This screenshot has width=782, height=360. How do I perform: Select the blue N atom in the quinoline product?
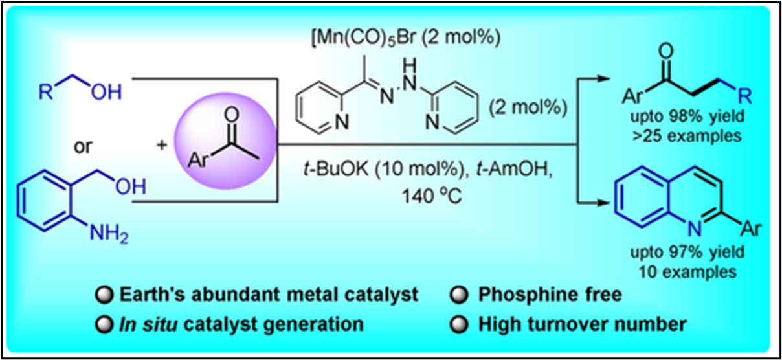pyautogui.click(x=690, y=226)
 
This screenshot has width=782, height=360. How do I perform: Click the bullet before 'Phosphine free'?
pyautogui.click(x=458, y=296)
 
